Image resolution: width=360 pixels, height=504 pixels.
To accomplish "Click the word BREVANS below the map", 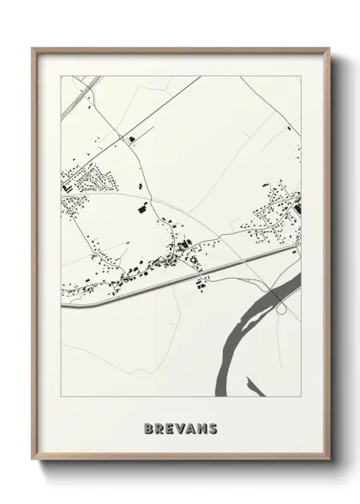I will coord(181,429).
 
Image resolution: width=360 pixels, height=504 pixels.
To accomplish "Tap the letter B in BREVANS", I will coord(150,429).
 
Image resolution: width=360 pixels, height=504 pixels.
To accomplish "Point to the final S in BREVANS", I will coord(212,429).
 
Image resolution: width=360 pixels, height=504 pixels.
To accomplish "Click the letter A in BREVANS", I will coord(191,429).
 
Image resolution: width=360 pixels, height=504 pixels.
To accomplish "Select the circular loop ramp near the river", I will coord(280,297).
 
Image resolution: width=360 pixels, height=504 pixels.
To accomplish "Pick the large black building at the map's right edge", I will coord(297,206).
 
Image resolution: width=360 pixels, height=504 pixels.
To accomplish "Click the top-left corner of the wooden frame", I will coord(33,49).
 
